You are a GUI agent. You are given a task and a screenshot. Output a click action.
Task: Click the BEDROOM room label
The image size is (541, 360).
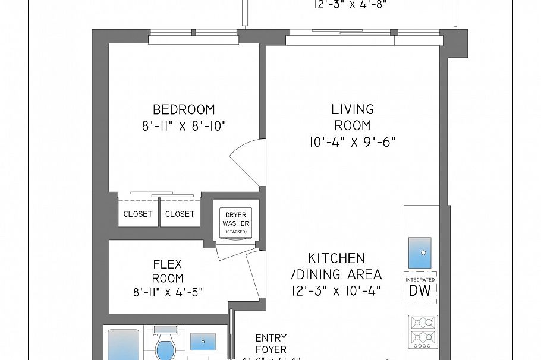click(x=184, y=110)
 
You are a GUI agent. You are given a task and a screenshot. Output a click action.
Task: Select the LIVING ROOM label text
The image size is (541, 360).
click(x=352, y=117)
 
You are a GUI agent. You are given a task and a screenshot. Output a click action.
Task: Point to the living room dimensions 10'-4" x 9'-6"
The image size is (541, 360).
click(x=352, y=141)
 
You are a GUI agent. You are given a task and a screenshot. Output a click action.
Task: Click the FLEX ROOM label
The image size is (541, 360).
click(x=167, y=271)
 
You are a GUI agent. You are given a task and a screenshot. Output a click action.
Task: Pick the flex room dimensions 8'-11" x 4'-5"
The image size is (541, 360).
click(x=167, y=292)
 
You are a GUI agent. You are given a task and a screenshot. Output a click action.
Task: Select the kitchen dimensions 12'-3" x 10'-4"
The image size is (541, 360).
click(x=336, y=290)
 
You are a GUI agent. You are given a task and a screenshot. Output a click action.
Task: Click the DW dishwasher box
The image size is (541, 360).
click(x=421, y=290)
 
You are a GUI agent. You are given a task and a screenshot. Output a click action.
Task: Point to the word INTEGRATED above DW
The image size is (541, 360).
click(x=421, y=279)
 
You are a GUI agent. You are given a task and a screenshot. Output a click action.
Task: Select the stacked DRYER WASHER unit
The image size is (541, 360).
click(x=235, y=223)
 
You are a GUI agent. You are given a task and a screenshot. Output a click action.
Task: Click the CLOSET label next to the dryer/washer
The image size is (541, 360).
click(x=180, y=214)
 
